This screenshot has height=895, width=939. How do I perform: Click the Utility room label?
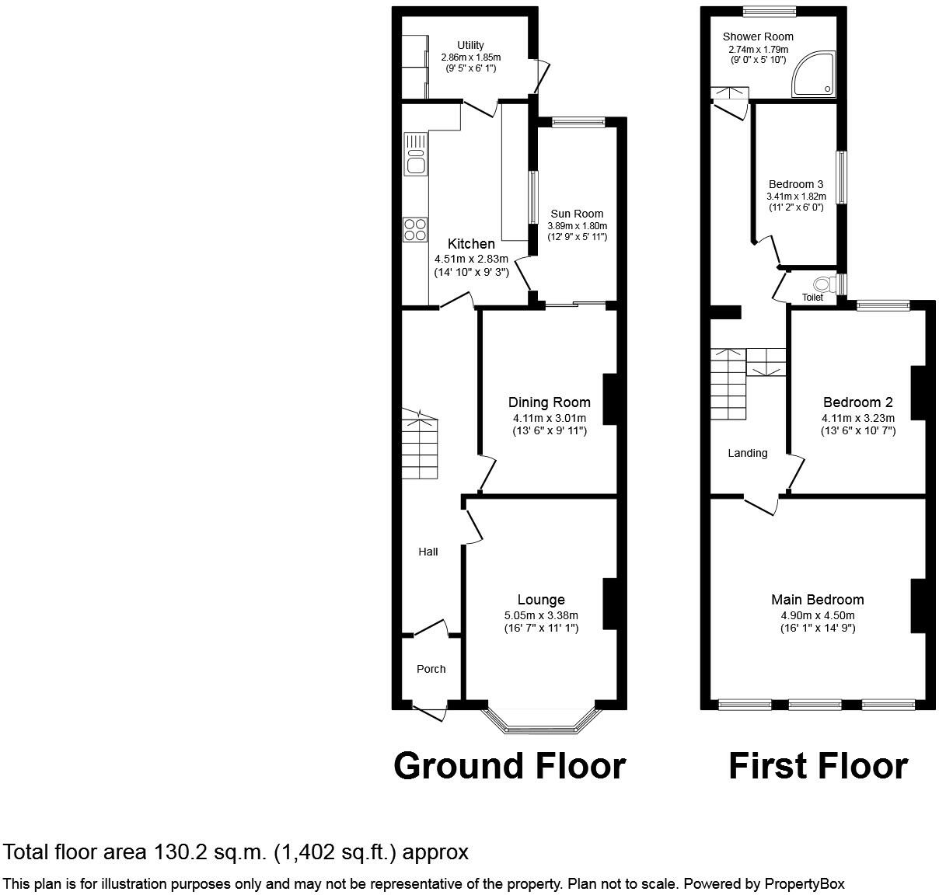(470, 45)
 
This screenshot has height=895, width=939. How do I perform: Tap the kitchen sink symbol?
(415, 154)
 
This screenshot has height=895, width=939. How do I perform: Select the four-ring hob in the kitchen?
(415, 228)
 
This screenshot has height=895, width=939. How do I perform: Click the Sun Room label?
(577, 214)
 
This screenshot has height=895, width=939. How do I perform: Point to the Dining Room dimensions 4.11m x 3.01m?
(549, 418)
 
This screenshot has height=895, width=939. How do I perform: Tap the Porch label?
(431, 669)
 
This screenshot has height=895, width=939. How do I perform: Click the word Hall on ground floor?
(428, 552)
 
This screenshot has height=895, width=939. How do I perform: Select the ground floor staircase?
(420, 445)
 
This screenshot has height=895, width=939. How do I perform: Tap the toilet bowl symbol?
(822, 283)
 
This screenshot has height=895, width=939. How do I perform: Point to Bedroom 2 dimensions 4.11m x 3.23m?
(857, 418)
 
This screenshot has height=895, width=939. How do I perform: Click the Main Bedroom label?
(817, 599)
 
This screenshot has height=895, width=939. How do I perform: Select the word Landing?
(748, 453)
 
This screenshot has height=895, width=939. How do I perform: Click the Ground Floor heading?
(509, 765)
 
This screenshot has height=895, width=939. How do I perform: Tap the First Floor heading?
(818, 765)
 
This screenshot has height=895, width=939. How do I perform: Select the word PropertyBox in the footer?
(805, 883)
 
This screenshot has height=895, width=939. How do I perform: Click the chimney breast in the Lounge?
(609, 604)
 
